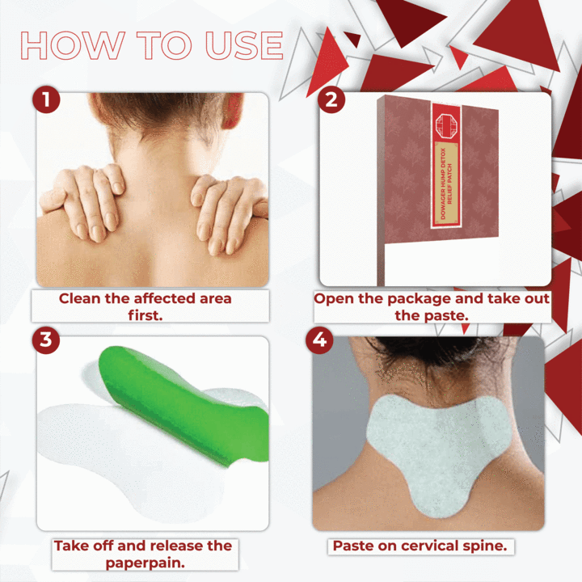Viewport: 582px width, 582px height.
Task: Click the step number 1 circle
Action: (46, 99)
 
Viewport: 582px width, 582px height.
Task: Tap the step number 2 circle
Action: (331, 99)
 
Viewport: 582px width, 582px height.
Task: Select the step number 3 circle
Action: (46, 339)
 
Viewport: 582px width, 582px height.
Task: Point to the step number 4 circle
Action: (319, 339)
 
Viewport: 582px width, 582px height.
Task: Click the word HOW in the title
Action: (73, 45)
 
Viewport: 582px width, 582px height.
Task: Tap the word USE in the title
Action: (245, 45)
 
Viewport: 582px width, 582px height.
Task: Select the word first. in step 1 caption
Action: (145, 315)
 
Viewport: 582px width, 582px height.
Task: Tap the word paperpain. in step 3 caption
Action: (145, 563)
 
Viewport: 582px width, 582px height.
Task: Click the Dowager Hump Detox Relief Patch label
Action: (446, 183)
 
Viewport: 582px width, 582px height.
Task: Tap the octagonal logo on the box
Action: (445, 125)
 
